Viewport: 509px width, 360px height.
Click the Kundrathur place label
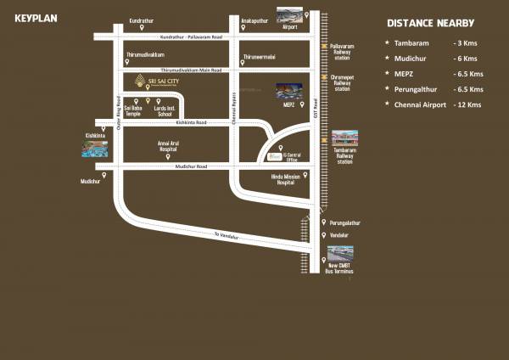tap(142, 19)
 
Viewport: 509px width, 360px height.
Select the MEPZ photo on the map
tap(287, 92)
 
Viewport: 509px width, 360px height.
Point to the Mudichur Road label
tap(190, 166)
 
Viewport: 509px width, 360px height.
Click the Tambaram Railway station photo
tap(344, 138)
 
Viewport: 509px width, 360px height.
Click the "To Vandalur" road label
tap(227, 235)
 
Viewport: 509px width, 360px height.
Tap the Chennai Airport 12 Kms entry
tap(438, 104)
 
